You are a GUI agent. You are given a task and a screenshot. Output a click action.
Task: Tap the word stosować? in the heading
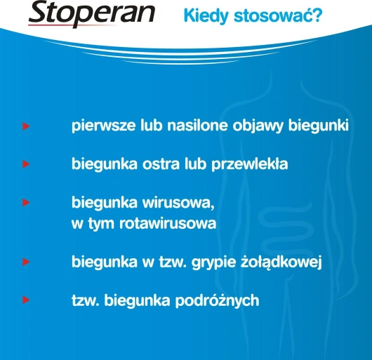[x=277, y=15]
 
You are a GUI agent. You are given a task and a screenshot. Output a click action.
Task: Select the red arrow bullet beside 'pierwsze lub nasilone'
[x=26, y=128]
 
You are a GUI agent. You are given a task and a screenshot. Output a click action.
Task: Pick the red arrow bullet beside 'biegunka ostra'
[x=26, y=165]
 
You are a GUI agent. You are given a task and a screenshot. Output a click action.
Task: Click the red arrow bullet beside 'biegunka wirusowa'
[x=26, y=203]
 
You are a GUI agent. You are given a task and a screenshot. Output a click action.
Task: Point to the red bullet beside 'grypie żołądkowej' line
[x=26, y=263]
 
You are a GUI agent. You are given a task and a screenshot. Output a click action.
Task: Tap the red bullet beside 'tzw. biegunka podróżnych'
[x=26, y=300]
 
